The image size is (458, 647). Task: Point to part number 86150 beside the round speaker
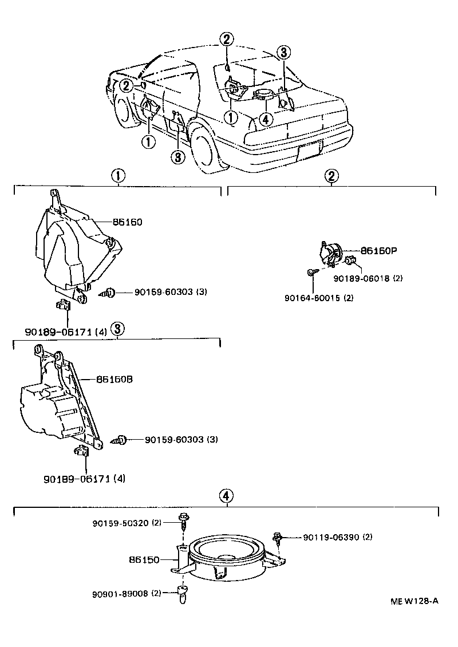point(144,560)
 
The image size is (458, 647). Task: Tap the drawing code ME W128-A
point(414,601)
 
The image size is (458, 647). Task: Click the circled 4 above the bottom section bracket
point(227,496)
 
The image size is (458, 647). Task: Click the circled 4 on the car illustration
point(264,119)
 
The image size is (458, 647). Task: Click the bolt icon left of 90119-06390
point(278,537)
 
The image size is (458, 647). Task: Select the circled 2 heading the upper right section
point(331,176)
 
